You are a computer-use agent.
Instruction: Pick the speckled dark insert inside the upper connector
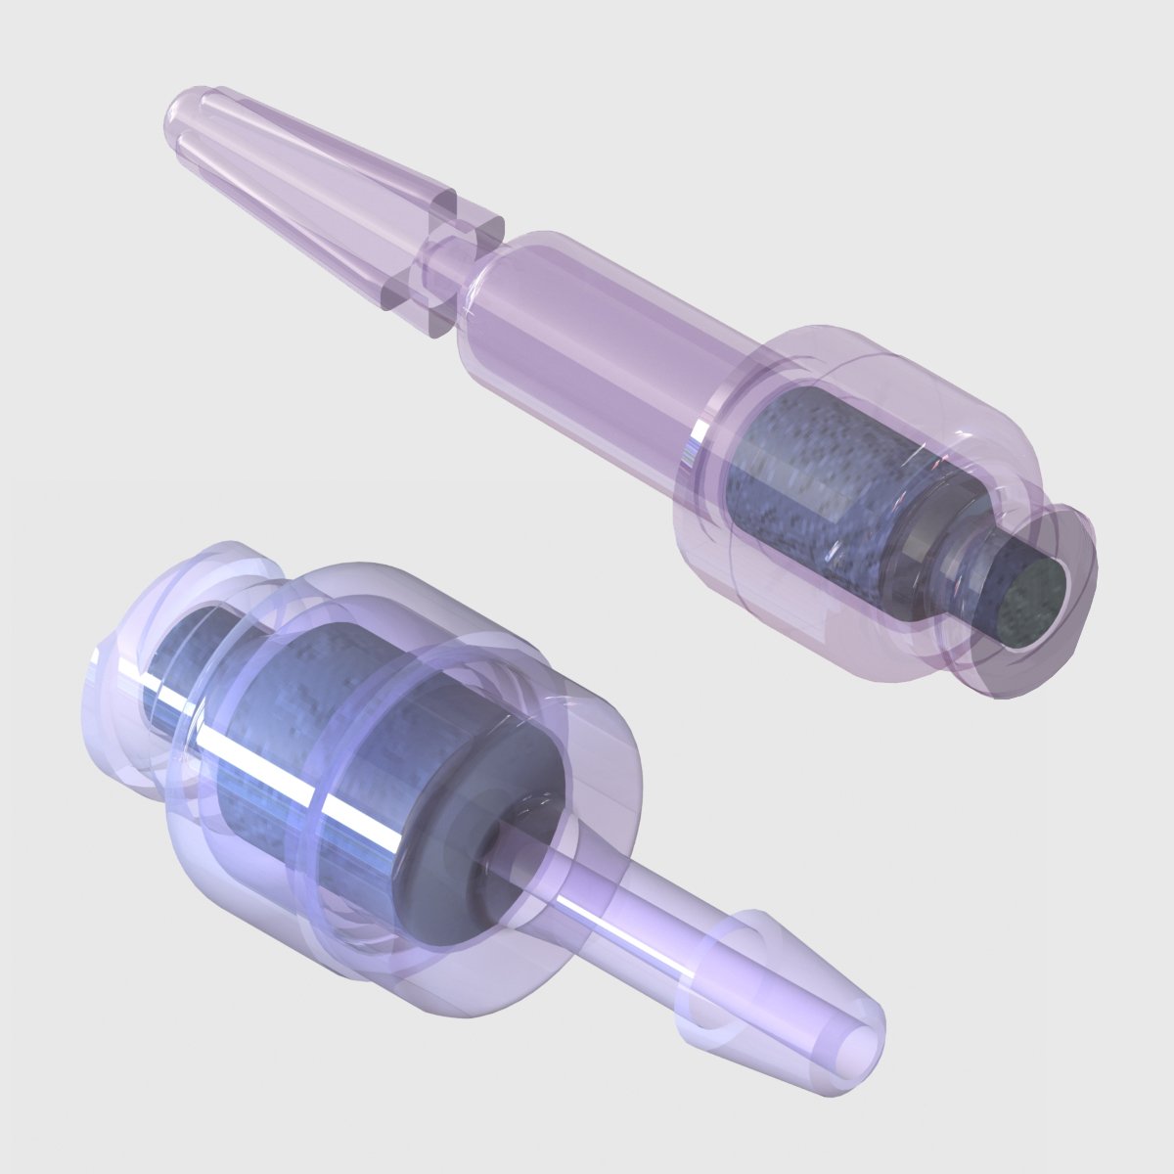coord(812,479)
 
